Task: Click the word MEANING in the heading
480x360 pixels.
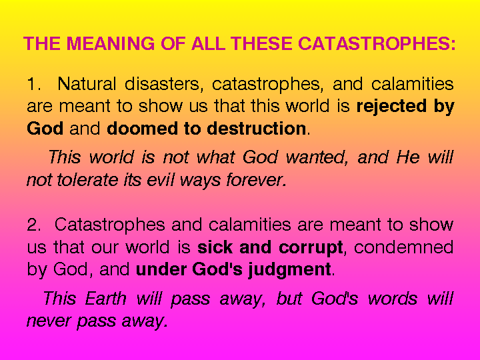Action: pyautogui.click(x=111, y=43)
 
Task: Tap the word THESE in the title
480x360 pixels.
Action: pyautogui.click(x=263, y=43)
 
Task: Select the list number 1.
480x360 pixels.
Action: pyautogui.click(x=34, y=84)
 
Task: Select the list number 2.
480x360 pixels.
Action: pyautogui.click(x=34, y=225)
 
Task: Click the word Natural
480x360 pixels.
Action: pyautogui.click(x=87, y=83)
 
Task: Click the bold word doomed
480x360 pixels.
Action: pyautogui.click(x=142, y=128)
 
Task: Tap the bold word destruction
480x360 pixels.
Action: pyautogui.click(x=257, y=128)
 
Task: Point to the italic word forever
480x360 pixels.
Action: pyautogui.click(x=257, y=180)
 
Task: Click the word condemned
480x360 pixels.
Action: pyautogui.click(x=404, y=247)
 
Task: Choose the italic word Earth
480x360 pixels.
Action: pyautogui.click(x=105, y=298)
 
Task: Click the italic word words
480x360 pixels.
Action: pyautogui.click(x=393, y=298)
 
